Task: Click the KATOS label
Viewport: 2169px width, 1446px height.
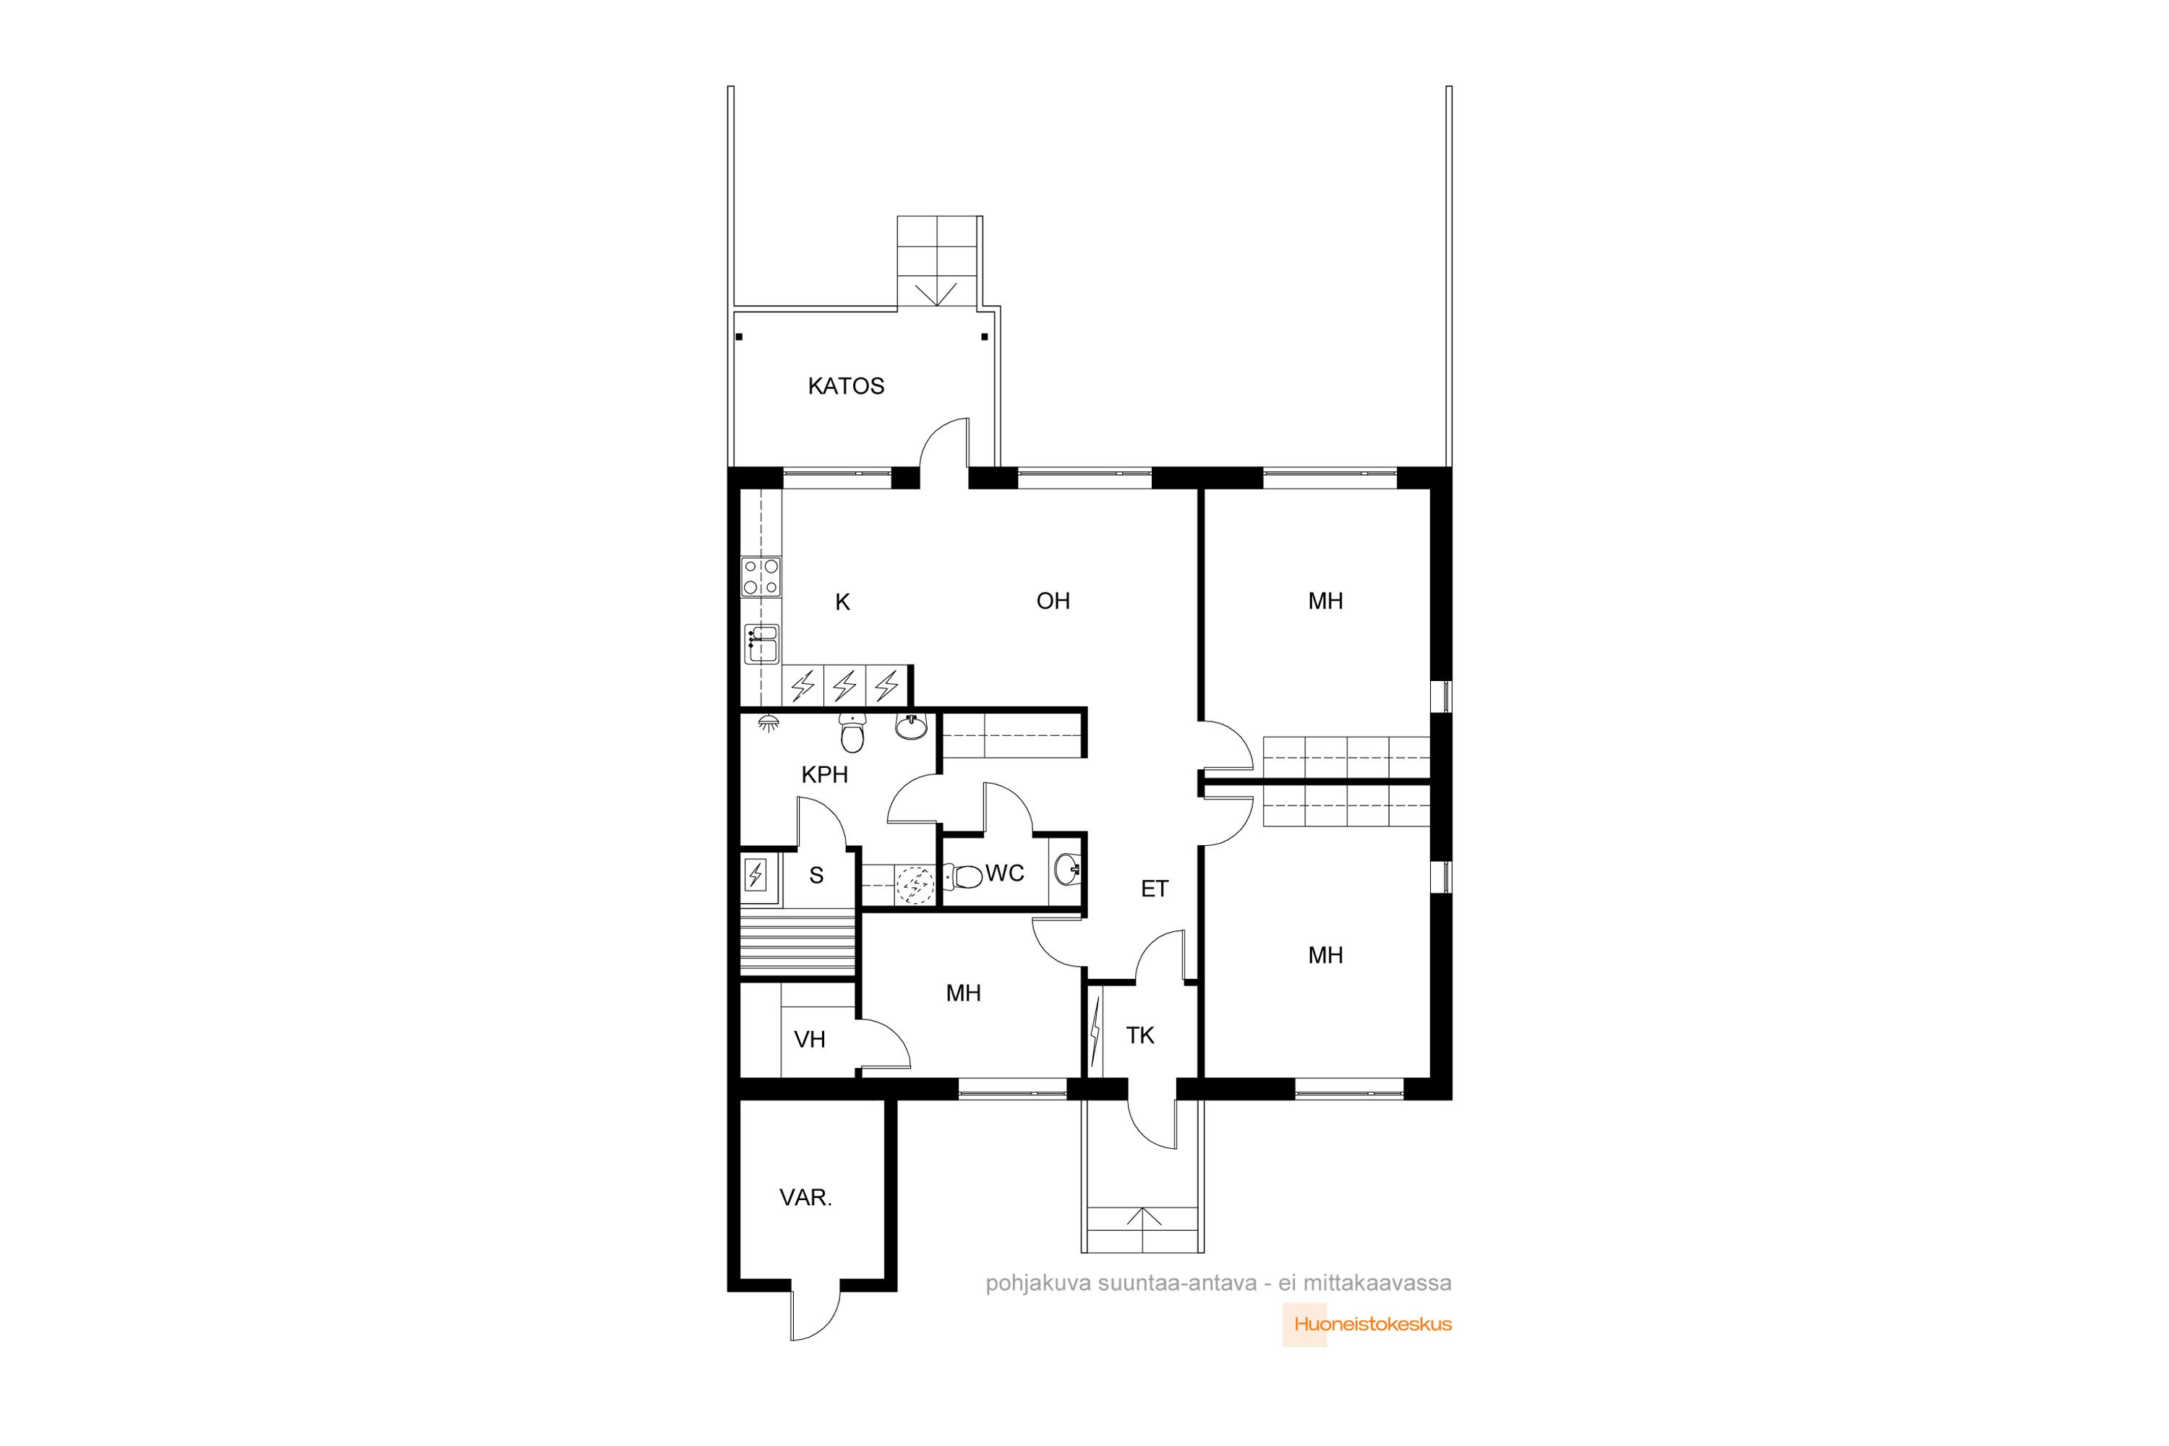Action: (x=846, y=386)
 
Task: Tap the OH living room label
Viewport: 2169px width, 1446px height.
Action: (x=1053, y=602)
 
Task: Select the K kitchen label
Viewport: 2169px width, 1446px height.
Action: (x=842, y=603)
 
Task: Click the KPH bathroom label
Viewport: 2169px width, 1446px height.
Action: (x=824, y=774)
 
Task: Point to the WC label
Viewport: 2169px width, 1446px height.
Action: (x=1004, y=873)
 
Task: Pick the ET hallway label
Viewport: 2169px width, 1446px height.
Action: (x=1155, y=889)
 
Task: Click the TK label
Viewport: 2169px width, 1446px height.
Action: (x=1140, y=1035)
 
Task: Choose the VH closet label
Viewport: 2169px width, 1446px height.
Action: (x=810, y=1040)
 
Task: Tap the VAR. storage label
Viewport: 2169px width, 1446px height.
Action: (x=806, y=1198)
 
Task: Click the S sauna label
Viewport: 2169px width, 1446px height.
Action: (x=816, y=876)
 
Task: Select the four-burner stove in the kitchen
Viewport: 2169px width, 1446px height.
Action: (x=762, y=576)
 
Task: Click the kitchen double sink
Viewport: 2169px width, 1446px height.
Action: (x=762, y=643)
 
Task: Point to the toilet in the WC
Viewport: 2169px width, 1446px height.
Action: (x=964, y=875)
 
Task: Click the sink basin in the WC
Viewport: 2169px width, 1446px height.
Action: (x=1067, y=869)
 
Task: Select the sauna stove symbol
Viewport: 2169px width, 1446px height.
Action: (x=756, y=873)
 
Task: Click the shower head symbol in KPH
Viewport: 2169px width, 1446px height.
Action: (x=767, y=724)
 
